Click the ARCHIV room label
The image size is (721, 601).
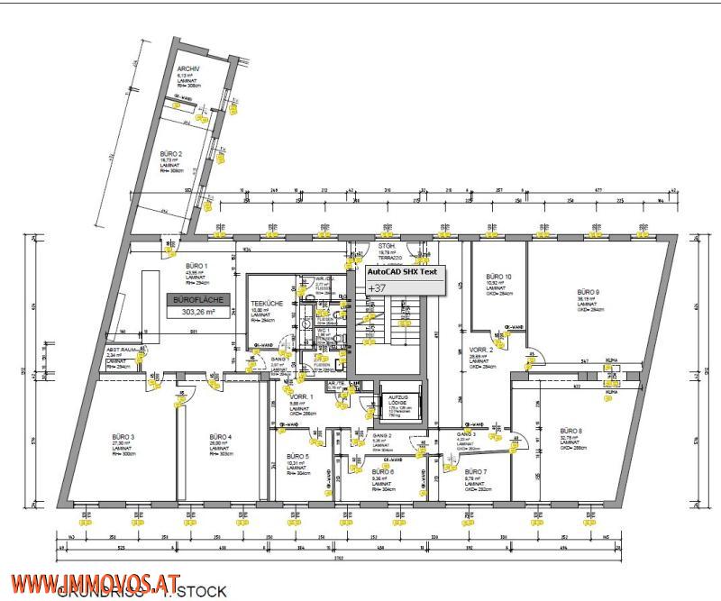point(188,68)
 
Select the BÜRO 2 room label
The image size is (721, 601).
point(172,154)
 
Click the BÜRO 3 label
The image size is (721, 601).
point(123,437)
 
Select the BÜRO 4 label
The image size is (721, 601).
point(221,437)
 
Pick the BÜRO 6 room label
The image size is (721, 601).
point(383,471)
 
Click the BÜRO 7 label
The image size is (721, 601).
point(475,471)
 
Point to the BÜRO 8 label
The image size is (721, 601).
point(571,431)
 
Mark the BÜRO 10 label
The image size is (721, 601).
point(499,277)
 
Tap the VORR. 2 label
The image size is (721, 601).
point(481,350)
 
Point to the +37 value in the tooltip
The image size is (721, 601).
point(377,287)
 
